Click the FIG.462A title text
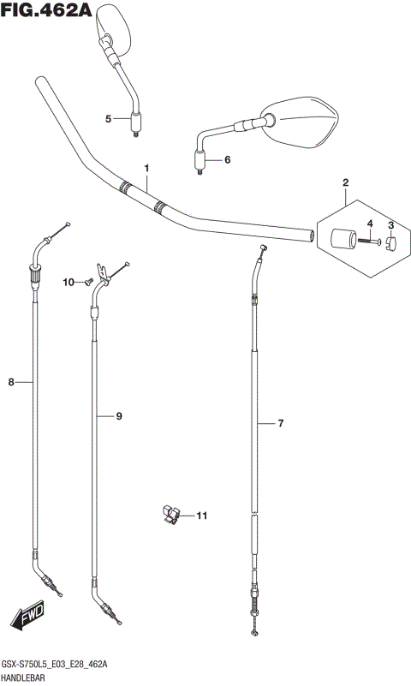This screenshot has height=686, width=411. (x=46, y=9)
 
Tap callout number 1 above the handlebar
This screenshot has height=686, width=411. (x=147, y=168)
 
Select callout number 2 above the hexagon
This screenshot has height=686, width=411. (x=345, y=183)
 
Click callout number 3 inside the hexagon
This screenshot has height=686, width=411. (x=391, y=226)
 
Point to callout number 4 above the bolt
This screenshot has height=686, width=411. (x=370, y=224)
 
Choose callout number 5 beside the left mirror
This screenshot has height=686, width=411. (x=108, y=118)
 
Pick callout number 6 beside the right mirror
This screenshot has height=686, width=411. (x=228, y=160)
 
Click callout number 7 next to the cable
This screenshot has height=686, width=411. (x=281, y=423)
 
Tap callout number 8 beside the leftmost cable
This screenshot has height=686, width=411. (x=11, y=382)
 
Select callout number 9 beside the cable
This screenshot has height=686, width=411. (x=118, y=416)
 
